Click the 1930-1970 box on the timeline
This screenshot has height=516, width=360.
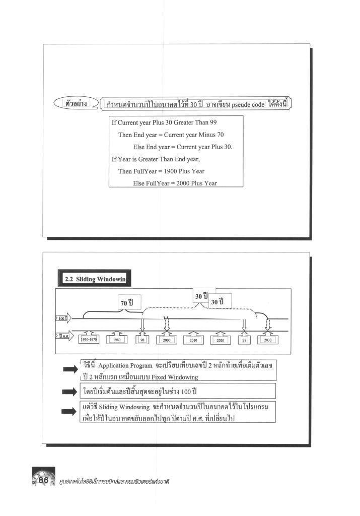[89, 340]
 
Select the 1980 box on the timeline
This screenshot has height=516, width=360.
[117, 340]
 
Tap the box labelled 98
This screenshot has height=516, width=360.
[142, 340]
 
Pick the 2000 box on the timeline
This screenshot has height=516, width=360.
[167, 340]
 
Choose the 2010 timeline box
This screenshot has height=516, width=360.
[193, 340]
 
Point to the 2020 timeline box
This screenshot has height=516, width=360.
[220, 340]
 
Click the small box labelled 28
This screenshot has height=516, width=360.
[244, 340]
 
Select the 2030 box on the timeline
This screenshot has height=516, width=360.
[268, 340]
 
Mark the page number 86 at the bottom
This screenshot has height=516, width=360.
[43, 480]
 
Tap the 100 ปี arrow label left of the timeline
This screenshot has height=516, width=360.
[63, 318]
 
